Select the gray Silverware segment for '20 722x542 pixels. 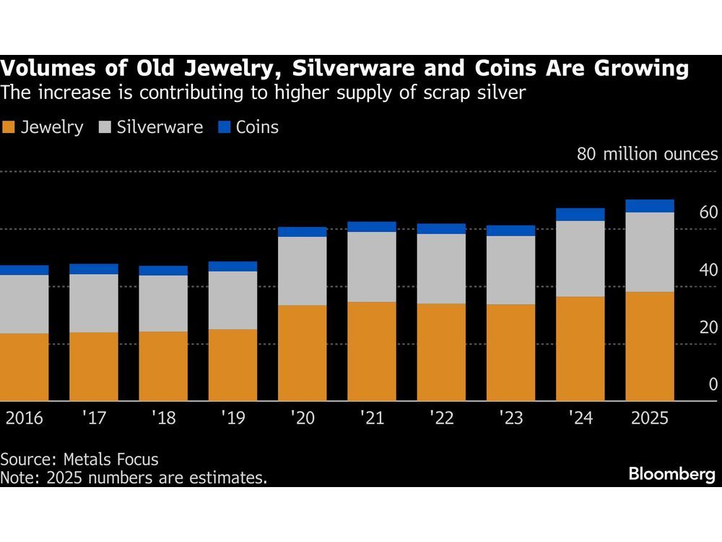point(302,271)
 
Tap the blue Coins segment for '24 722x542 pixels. point(580,214)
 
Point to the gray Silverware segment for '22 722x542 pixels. point(441,269)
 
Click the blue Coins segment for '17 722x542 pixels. point(94,269)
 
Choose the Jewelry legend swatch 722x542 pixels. point(9,128)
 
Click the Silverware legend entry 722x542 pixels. point(149,128)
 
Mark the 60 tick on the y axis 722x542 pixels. point(708,212)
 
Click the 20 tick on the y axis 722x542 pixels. point(708,327)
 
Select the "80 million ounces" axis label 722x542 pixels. point(647,155)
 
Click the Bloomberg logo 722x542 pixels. point(671,475)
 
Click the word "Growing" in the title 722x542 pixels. point(622,69)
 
